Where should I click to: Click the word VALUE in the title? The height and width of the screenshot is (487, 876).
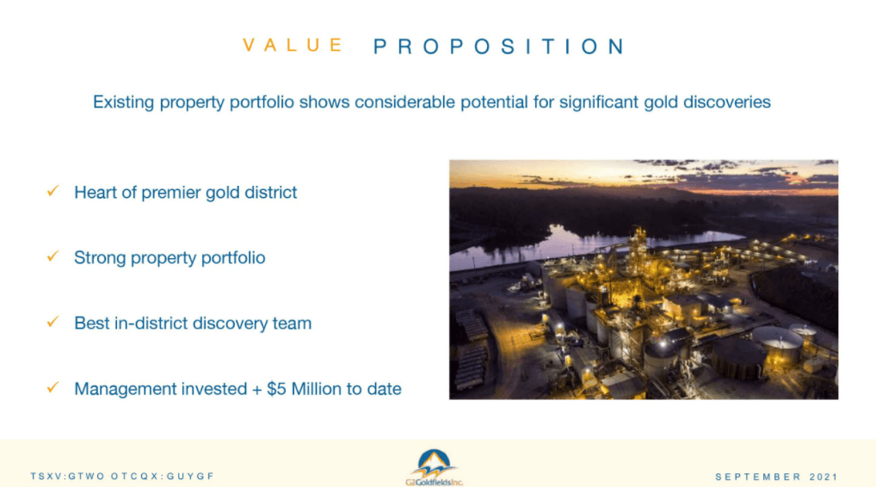(293, 46)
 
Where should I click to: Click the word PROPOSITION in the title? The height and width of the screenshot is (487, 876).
(499, 46)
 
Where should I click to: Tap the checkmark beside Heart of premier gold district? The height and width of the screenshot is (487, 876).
(53, 191)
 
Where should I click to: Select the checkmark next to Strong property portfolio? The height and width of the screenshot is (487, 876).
(53, 256)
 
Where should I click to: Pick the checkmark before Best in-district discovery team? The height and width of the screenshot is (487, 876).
(53, 322)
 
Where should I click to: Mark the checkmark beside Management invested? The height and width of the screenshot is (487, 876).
(53, 387)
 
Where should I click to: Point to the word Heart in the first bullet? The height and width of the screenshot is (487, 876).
(96, 192)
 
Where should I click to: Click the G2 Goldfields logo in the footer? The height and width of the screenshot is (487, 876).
(434, 467)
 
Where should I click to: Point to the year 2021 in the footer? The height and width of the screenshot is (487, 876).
(824, 477)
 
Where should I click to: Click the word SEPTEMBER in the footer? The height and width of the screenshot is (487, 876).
(759, 477)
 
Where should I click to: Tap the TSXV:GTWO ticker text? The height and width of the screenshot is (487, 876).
(68, 477)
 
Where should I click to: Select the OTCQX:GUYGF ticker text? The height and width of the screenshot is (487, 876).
(163, 477)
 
